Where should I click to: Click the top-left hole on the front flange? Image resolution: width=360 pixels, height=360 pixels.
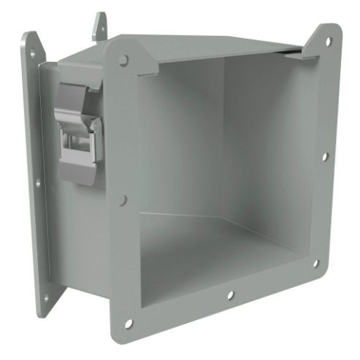point(123,59)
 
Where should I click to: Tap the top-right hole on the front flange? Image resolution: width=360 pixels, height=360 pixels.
point(325,41)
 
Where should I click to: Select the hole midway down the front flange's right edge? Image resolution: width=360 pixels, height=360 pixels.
point(325,156)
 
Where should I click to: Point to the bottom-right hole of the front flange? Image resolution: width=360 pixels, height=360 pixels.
point(316,264)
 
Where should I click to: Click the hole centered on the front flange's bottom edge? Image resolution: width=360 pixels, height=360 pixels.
point(231,296)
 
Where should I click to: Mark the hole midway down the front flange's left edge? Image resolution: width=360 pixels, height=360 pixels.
point(123,199)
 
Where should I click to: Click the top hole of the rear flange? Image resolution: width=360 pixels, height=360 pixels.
point(33,50)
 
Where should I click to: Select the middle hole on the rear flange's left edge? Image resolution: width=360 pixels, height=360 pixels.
point(39,183)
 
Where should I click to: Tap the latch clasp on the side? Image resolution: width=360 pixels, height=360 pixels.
point(76,131)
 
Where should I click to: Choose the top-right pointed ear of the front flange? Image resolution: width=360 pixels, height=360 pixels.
point(327,33)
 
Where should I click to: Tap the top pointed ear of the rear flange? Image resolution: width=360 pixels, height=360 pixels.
point(31,38)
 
